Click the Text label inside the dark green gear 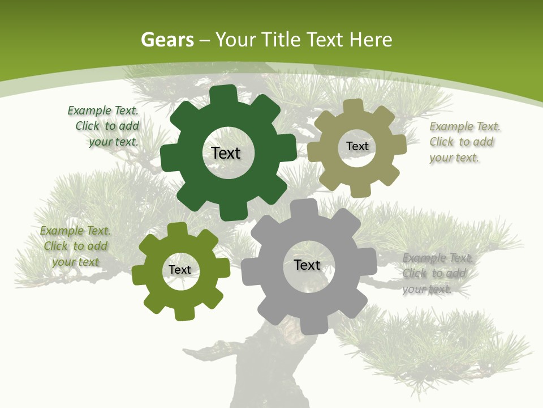pos(226,153)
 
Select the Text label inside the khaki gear pos(357,146)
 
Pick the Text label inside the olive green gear pos(180,270)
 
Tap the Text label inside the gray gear pos(307,265)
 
